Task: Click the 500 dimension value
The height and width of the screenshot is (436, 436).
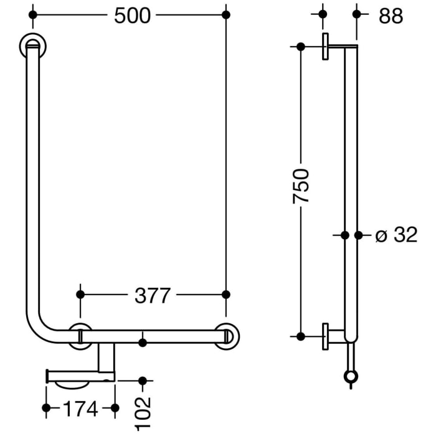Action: pyautogui.click(x=132, y=15)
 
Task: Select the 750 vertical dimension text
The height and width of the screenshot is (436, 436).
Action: pyautogui.click(x=301, y=186)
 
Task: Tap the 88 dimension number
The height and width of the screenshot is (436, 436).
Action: pyautogui.click(x=391, y=15)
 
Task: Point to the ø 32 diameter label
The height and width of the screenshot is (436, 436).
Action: pyautogui.click(x=396, y=235)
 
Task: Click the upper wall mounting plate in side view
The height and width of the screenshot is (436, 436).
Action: pyautogui.click(x=326, y=47)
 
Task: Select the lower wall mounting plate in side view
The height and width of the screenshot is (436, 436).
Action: pyautogui.click(x=326, y=337)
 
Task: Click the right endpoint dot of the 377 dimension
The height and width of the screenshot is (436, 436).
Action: pyautogui.click(x=226, y=294)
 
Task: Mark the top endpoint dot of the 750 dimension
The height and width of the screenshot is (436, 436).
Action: pyautogui.click(x=301, y=47)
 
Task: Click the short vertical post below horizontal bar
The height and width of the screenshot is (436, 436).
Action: pyautogui.click(x=107, y=358)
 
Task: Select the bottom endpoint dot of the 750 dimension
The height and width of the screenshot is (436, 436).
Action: pyautogui.click(x=301, y=336)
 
